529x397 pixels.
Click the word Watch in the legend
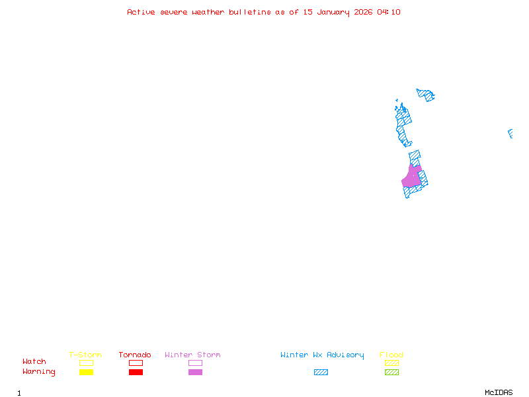coord(34,362)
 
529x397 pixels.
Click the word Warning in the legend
coord(39,372)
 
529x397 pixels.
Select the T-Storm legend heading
coord(85,355)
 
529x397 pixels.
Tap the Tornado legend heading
coord(135,355)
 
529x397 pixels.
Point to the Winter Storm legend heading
coord(192,355)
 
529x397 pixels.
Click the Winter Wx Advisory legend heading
coord(322,355)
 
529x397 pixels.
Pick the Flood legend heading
coord(391,355)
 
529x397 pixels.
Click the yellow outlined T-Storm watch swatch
coord(86,363)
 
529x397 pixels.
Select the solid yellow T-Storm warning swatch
coord(86,372)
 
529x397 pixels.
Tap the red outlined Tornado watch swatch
coord(136,363)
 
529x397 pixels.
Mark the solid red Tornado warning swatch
coord(136,372)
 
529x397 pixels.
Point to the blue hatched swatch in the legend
coord(321,372)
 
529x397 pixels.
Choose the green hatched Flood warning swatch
coord(391,372)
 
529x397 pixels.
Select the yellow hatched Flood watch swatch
coord(391,363)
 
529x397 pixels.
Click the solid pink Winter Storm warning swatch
coord(195,372)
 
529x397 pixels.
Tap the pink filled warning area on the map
coord(411,178)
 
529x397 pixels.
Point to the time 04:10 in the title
coord(389,12)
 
